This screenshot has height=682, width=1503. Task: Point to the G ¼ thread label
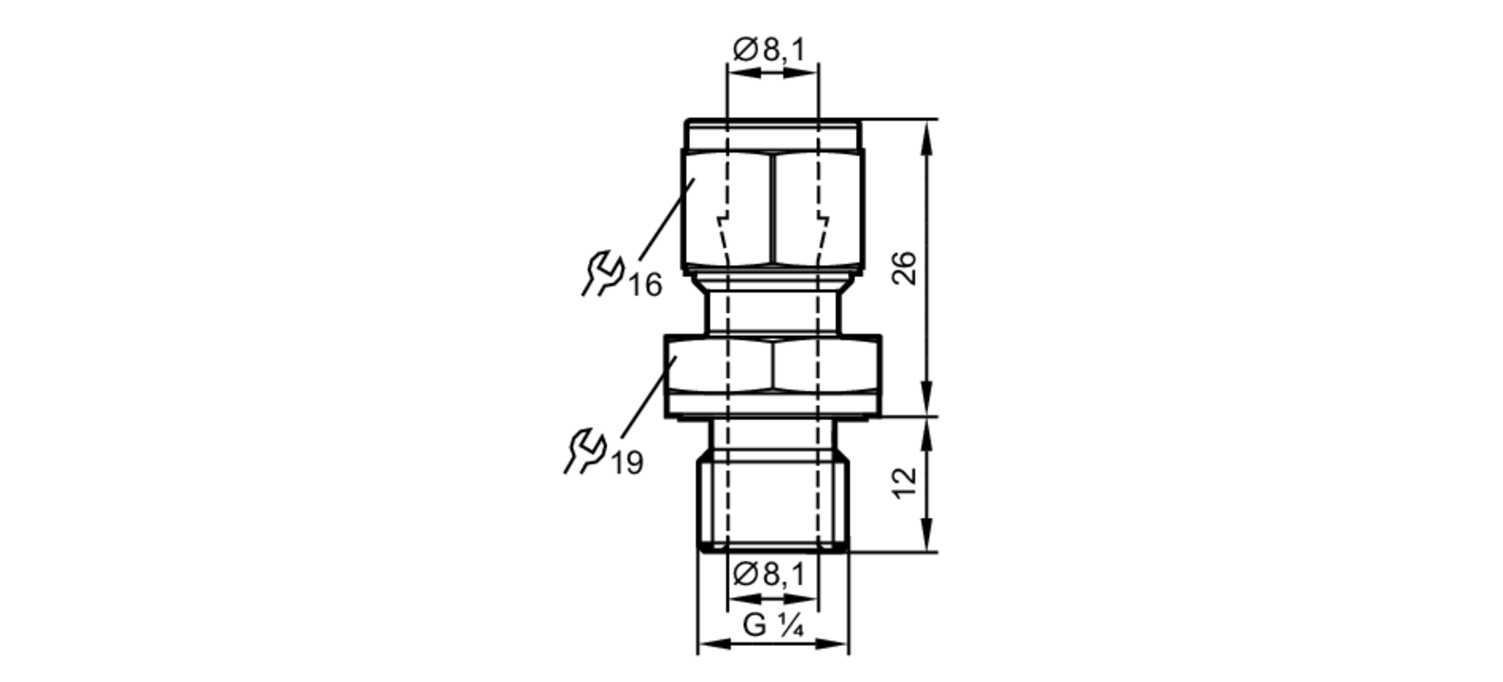click(x=773, y=626)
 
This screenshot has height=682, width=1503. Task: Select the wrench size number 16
click(x=646, y=286)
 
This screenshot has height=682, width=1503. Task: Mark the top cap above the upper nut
click(x=773, y=135)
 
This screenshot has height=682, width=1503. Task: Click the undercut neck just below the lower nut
click(x=773, y=433)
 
